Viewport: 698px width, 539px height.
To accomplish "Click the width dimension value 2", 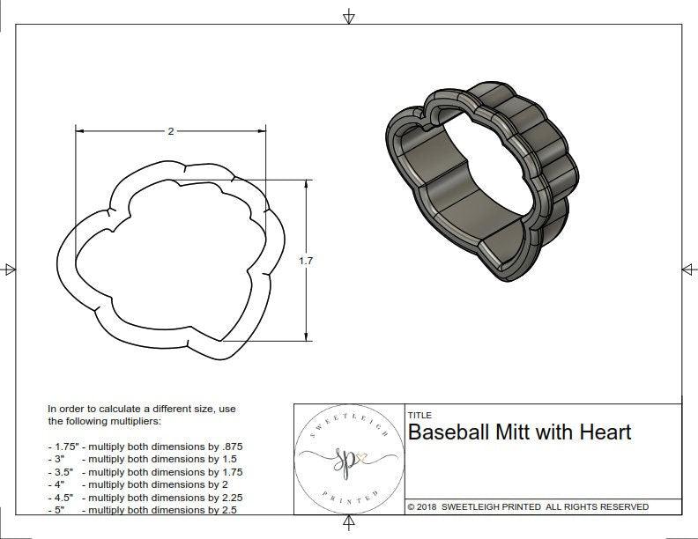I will (170, 131).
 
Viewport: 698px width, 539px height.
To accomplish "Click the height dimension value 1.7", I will (306, 261).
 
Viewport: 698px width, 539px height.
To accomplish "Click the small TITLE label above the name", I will (419, 414).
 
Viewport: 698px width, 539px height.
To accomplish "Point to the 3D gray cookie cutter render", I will (481, 181).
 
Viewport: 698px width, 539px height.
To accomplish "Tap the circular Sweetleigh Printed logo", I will (347, 458).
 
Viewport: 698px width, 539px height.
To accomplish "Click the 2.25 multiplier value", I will (230, 497).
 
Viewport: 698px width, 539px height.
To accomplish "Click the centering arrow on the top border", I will (349, 17).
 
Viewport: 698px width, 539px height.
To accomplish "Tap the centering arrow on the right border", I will (688, 269).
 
